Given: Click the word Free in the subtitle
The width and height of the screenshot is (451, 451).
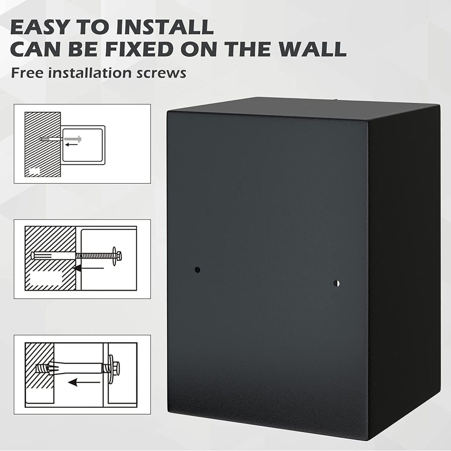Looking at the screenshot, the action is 27,73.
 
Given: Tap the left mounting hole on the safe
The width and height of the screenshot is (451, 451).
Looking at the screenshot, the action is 197,270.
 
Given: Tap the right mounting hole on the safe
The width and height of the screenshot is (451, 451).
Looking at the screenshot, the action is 336,283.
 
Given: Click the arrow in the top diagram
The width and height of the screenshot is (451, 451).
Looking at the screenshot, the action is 71,145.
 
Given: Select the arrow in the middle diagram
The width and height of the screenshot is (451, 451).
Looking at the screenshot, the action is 89,268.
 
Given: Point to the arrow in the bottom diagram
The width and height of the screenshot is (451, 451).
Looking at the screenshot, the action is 84,383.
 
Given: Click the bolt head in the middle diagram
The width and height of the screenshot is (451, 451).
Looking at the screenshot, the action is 119,256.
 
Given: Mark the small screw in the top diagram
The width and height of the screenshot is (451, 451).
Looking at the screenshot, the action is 72,139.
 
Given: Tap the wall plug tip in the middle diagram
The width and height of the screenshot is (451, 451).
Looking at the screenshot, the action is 33,255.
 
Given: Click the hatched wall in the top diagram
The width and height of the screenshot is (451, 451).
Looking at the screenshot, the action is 43,144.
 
